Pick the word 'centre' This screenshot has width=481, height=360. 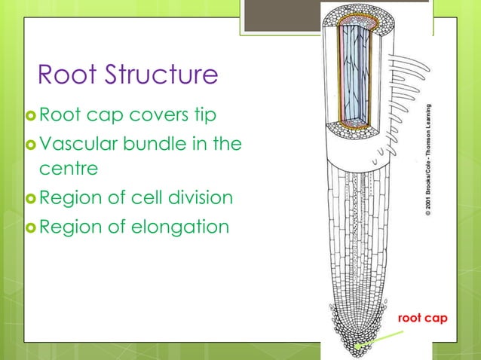[x=68, y=169]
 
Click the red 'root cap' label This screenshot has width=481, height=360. [x=423, y=319]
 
